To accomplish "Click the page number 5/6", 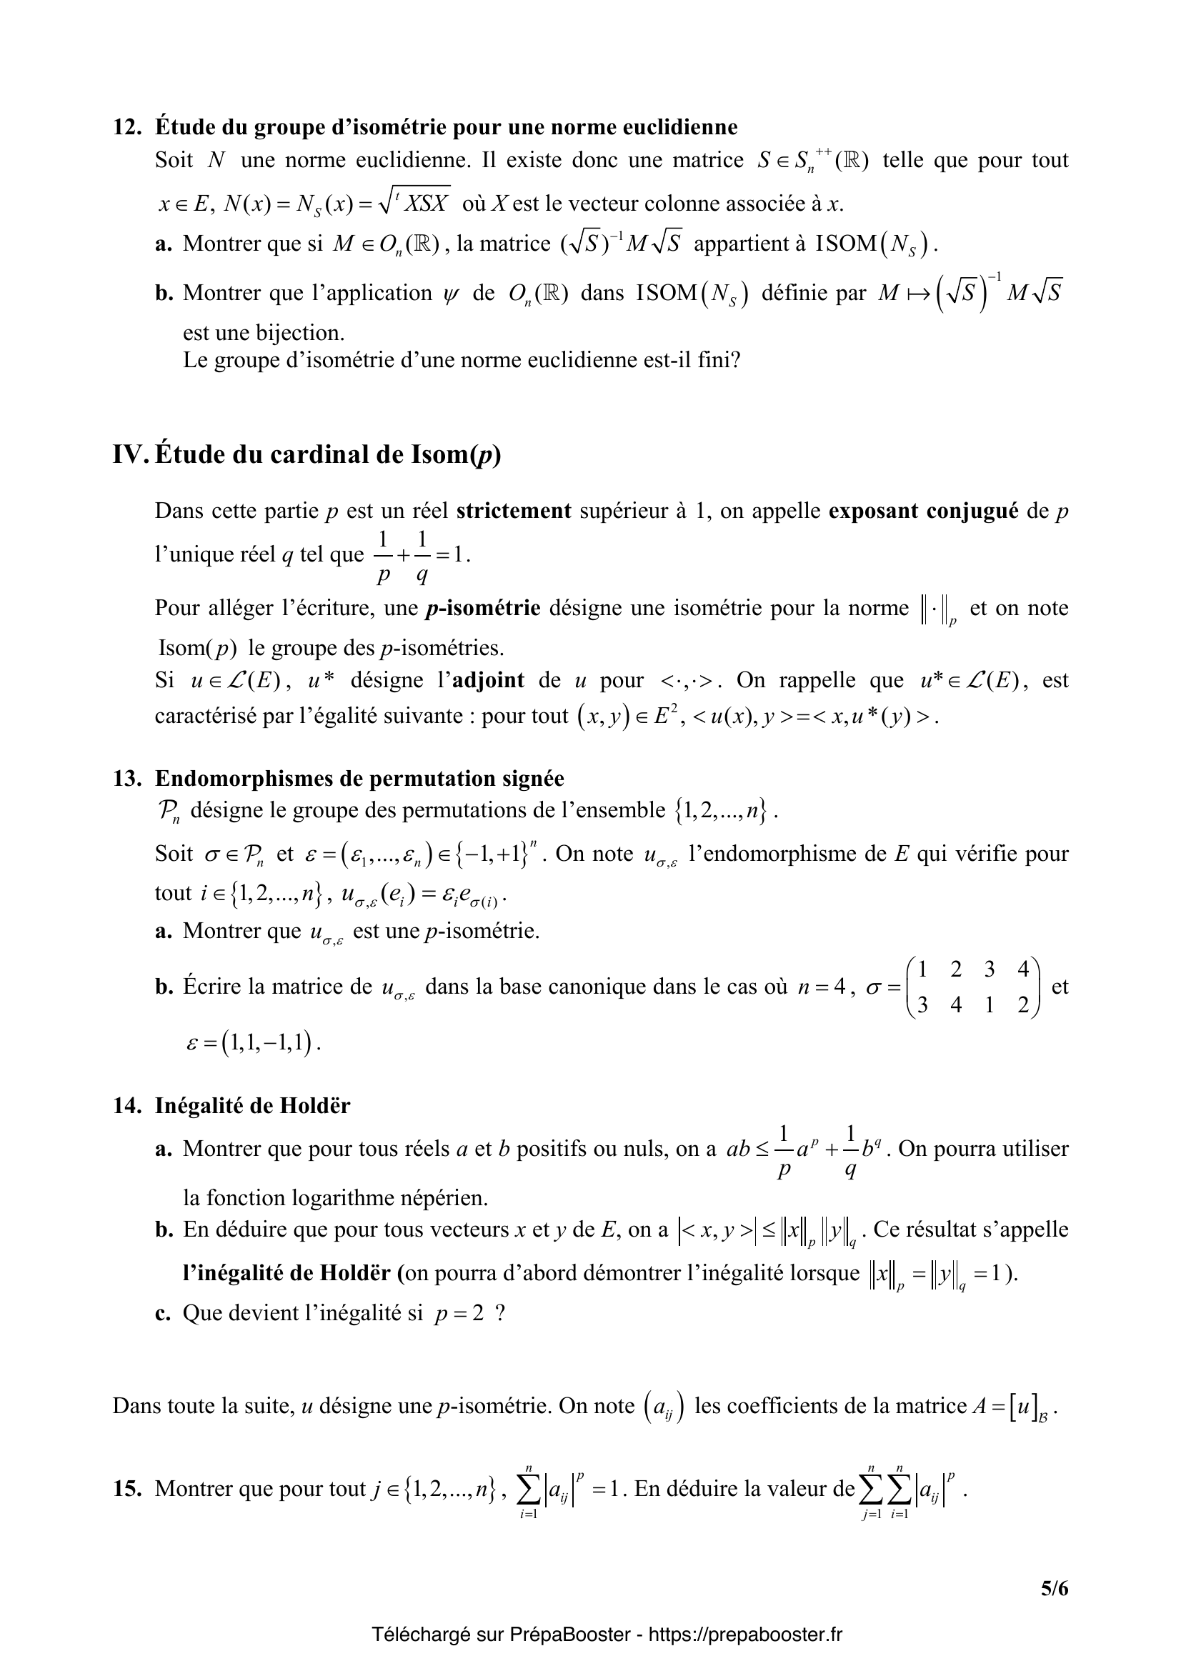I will (1054, 1587).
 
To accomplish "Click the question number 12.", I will (126, 127).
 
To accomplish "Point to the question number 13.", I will (126, 779).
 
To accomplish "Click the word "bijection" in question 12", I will (299, 333).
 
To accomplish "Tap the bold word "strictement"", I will (514, 511).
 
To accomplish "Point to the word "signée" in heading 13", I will (534, 779).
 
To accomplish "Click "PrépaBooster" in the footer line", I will (569, 1634).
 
